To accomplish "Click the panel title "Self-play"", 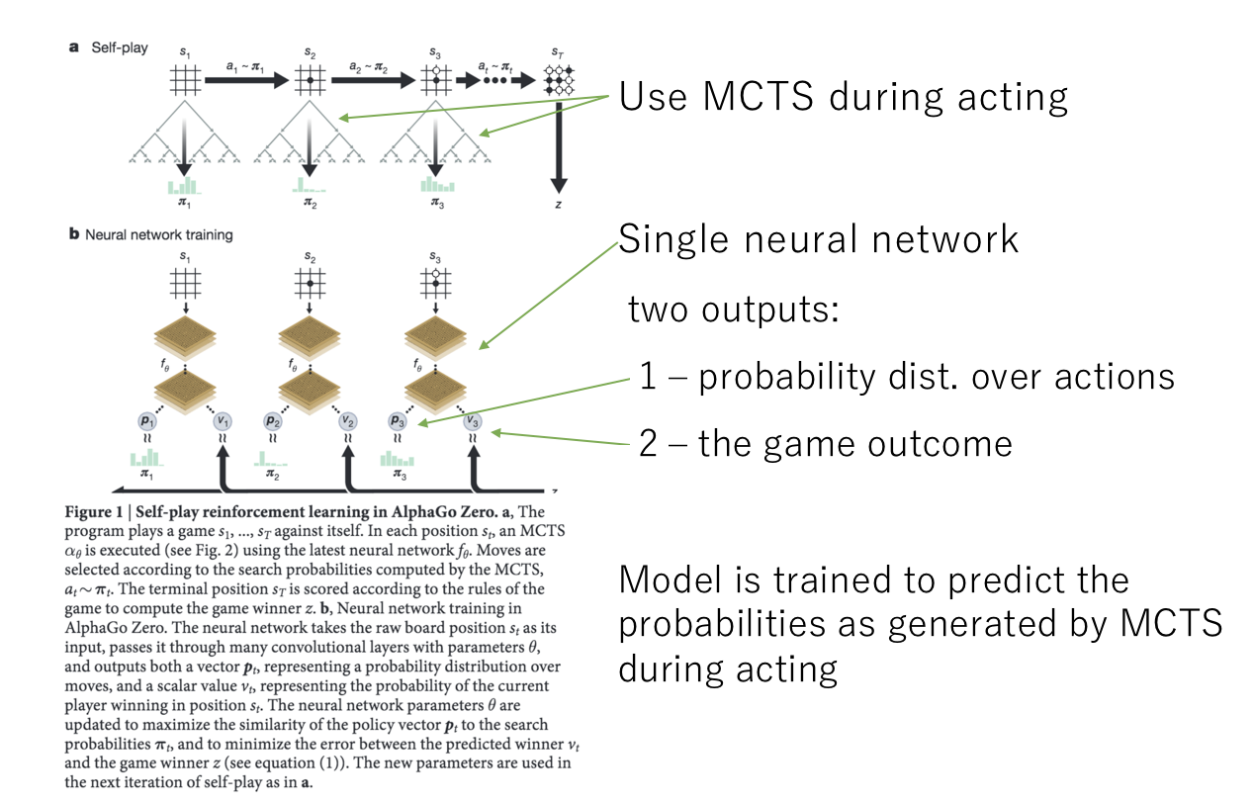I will [x=120, y=46].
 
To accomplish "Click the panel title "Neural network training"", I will [x=159, y=235].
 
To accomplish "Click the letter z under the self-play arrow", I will [x=559, y=204].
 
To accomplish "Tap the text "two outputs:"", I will [x=734, y=312].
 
